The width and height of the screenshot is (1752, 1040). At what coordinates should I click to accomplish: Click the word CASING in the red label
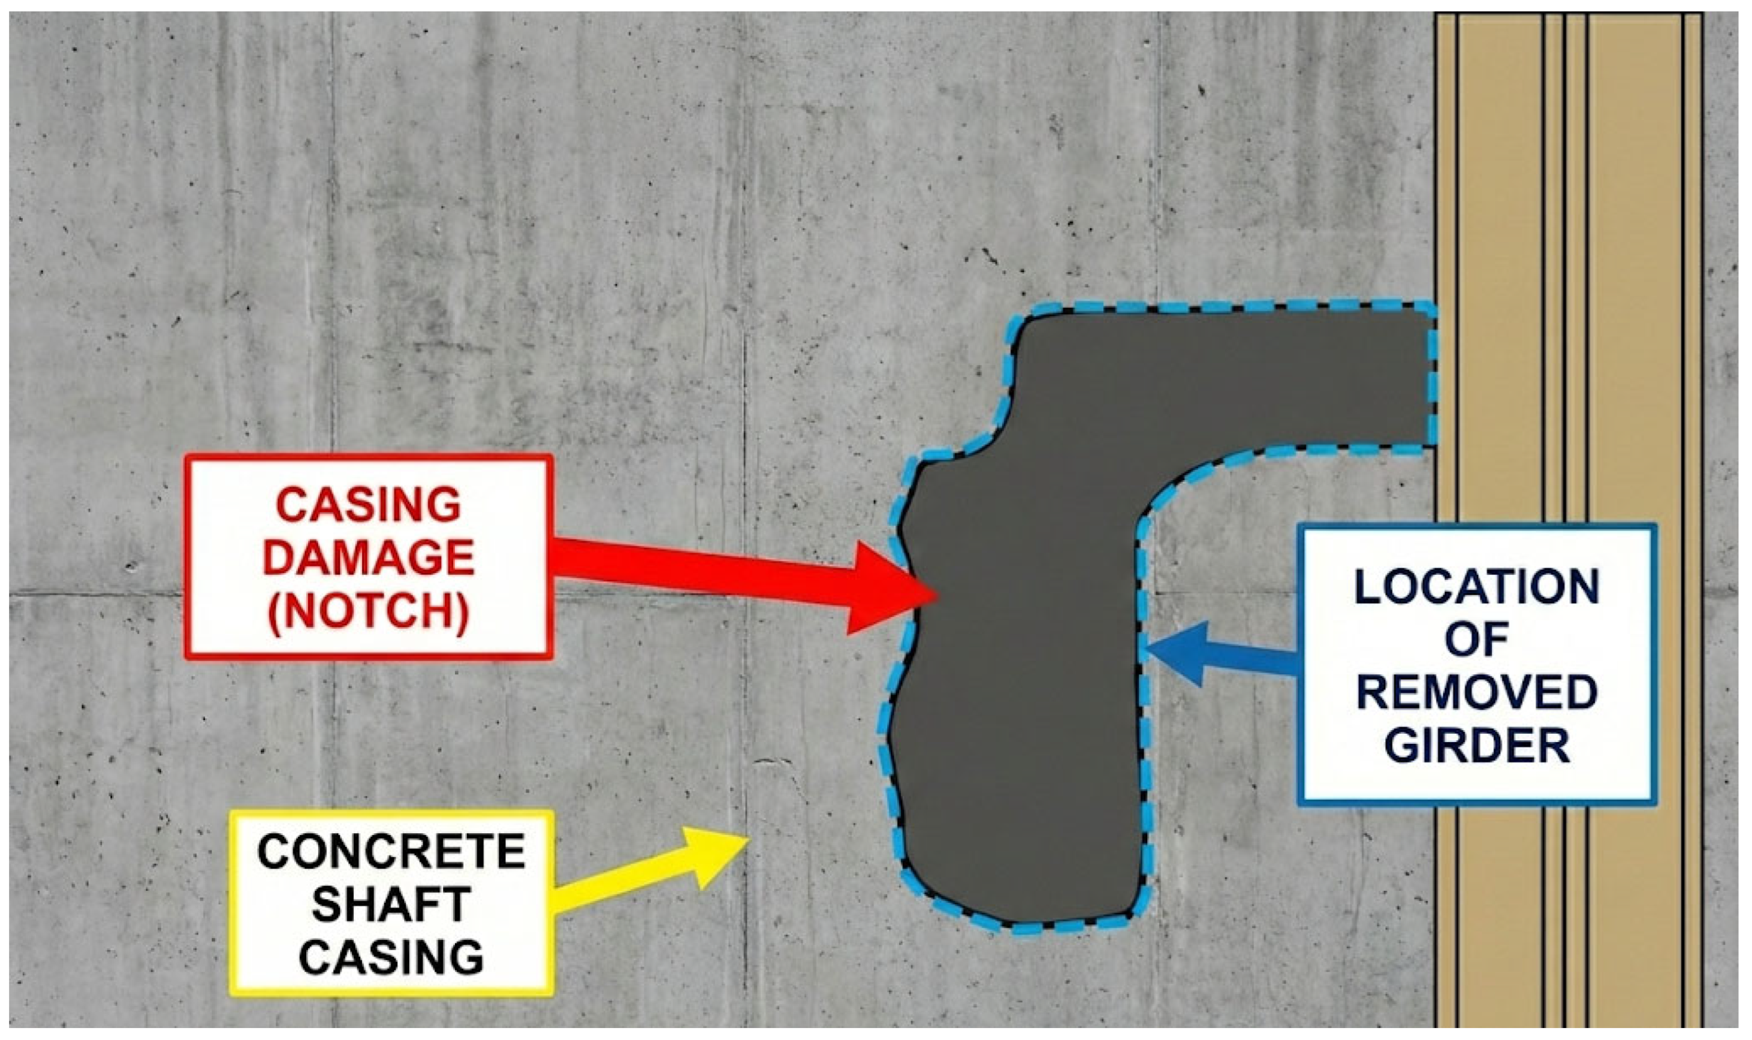[369, 505]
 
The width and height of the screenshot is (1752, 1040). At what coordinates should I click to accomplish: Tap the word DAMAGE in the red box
[369, 559]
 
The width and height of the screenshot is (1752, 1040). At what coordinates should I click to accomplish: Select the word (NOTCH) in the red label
[369, 611]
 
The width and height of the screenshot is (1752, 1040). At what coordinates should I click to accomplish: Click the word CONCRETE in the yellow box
[391, 852]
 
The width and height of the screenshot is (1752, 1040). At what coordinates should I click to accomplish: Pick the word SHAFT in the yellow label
[391, 904]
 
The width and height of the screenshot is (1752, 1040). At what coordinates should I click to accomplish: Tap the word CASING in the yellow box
[391, 956]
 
